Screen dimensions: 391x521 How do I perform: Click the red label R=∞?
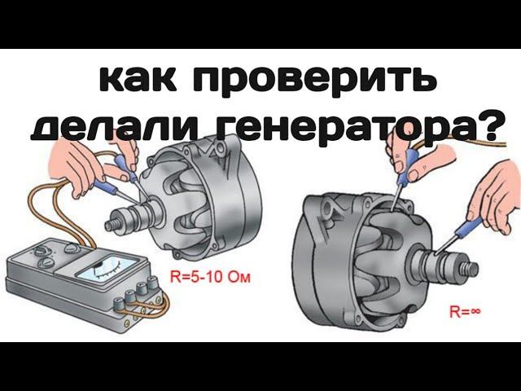[466, 310]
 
